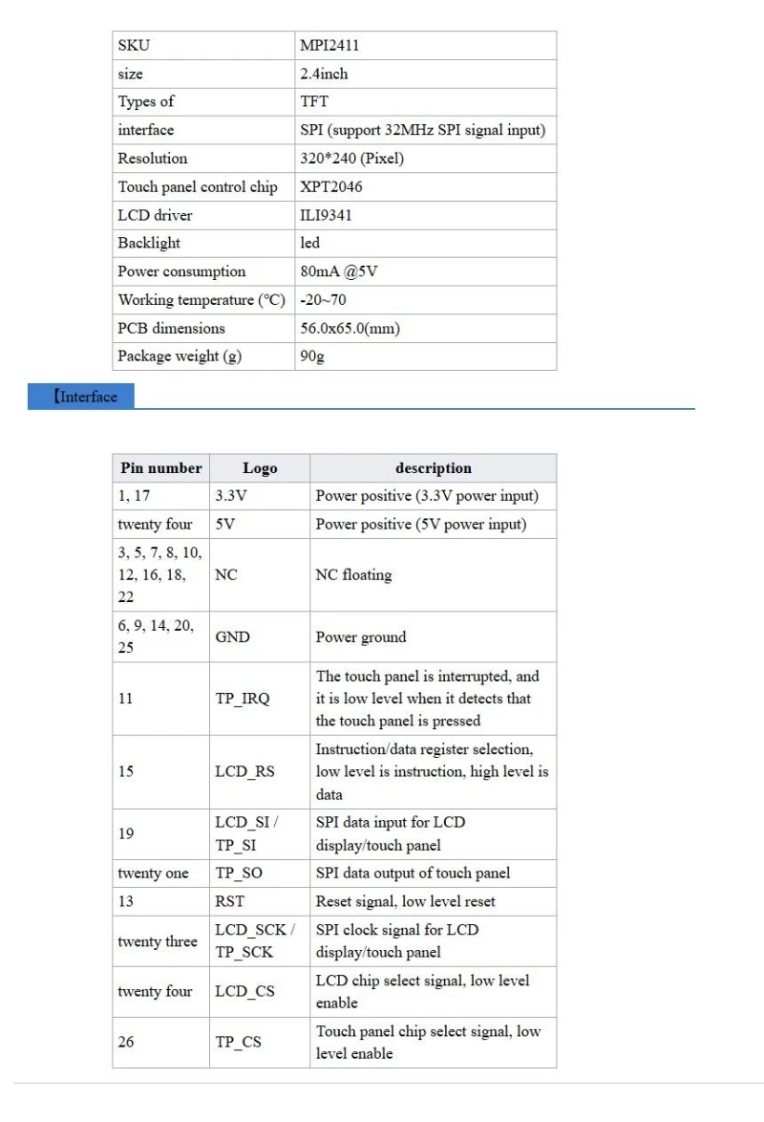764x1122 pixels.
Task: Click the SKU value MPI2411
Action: coord(329,45)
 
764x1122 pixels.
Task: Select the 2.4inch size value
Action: coord(324,74)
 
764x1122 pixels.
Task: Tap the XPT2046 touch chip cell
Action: coord(331,186)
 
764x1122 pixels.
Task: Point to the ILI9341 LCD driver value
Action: coord(326,215)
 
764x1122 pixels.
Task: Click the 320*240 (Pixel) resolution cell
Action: coord(351,159)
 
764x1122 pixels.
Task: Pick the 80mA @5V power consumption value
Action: coord(339,271)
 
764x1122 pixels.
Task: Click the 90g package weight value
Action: coord(312,356)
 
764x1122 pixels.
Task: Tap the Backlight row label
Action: coord(149,243)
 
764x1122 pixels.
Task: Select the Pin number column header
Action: coord(161,468)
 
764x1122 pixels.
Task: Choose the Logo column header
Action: coord(260,468)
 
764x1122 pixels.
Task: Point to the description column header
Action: coord(434,468)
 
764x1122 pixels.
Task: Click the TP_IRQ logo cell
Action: coord(243,699)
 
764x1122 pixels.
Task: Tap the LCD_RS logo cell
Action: coord(244,772)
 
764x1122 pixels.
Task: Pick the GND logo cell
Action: coord(233,637)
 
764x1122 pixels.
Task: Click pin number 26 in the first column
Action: coord(126,1042)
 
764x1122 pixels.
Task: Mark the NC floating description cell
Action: coord(353,575)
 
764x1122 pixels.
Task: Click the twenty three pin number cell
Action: coord(158,941)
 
